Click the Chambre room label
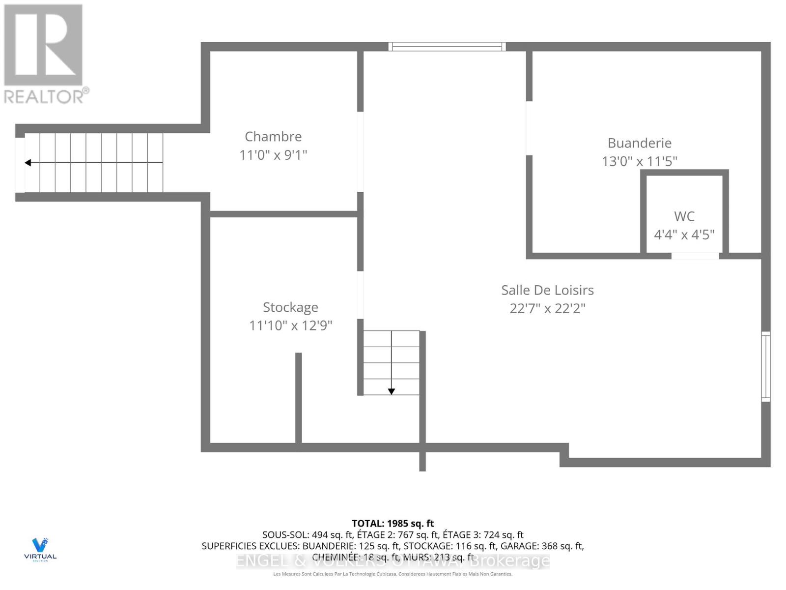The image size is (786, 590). pos(273,136)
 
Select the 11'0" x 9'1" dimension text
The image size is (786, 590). pos(273,155)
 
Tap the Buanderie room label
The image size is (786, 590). pos(639,143)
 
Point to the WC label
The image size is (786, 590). pos(684,216)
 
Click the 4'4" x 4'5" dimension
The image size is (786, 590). pos(684,235)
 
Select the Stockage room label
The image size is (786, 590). pos(290,307)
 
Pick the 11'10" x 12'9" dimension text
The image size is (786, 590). pos(290,325)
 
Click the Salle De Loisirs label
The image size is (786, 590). pos(547,290)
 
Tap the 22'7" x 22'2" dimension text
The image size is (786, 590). pos(547,308)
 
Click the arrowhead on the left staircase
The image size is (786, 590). pos(28,163)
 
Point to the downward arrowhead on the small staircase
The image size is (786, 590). pos(392,391)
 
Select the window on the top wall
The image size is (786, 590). pos(447,47)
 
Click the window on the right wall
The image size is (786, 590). pos(766,366)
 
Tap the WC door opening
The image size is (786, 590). pos(695,256)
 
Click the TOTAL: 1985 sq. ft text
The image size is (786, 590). pos(393,524)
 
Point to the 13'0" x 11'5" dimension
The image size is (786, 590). pos(639,161)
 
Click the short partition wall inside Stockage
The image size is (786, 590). pos(298,398)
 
